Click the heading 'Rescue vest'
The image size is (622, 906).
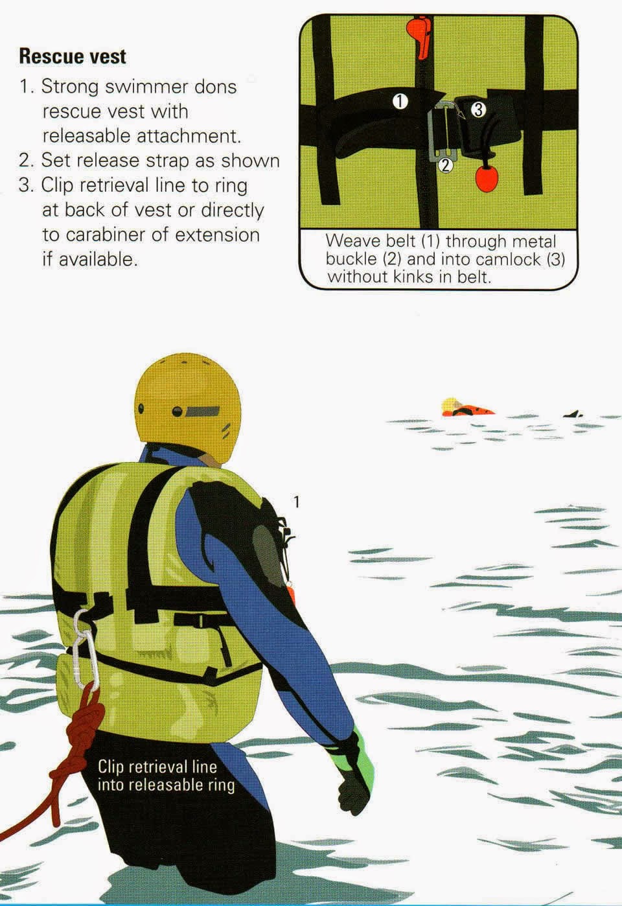(73, 56)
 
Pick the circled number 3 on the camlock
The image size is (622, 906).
(477, 110)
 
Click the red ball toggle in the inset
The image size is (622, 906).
(486, 179)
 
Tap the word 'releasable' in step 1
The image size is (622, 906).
(86, 136)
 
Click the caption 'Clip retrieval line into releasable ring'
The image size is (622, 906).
(166, 776)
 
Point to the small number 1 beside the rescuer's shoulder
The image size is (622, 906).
(297, 502)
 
